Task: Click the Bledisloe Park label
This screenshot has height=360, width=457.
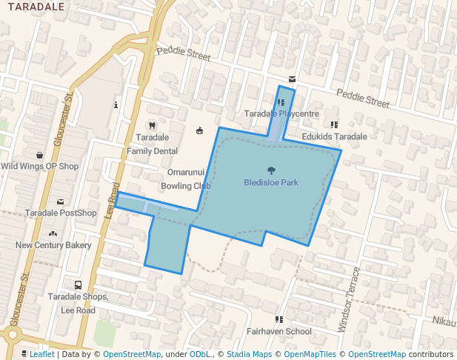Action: pos(270,182)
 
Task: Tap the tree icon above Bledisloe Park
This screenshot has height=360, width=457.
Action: pos(270,170)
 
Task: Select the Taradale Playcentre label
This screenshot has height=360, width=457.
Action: pos(281,114)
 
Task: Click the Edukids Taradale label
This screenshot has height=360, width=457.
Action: pos(334,137)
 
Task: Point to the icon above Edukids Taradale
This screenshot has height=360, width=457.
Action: pos(334,124)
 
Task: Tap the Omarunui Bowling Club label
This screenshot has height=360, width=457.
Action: pos(186,179)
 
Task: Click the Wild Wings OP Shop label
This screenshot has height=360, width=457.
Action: pos(39,167)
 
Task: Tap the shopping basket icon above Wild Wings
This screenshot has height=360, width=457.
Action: pos(39,155)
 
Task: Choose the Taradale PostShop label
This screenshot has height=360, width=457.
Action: pos(61,213)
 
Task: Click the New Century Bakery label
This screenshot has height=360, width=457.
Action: pos(53,245)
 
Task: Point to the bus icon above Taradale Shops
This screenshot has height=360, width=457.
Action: pos(78,285)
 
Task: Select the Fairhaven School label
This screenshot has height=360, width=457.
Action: pos(279,332)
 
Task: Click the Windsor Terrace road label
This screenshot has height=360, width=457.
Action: pos(349,299)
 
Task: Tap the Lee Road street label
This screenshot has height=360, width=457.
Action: pos(112,200)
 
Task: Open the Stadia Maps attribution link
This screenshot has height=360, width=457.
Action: pos(249,354)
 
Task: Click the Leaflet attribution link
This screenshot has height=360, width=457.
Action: pos(41,354)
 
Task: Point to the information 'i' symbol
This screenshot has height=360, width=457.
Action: pos(116,105)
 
